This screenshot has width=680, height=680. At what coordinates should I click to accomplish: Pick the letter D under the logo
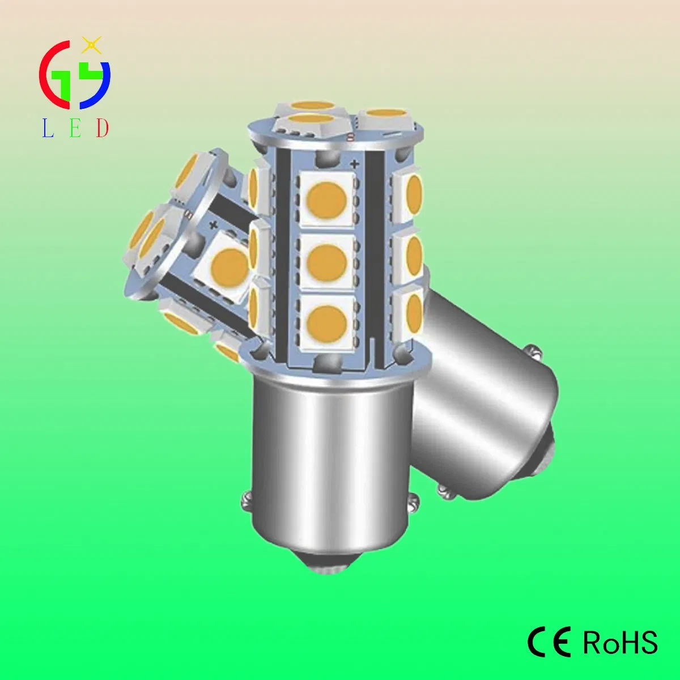coord(102,129)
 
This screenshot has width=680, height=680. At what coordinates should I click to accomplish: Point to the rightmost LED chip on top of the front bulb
coord(383,118)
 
